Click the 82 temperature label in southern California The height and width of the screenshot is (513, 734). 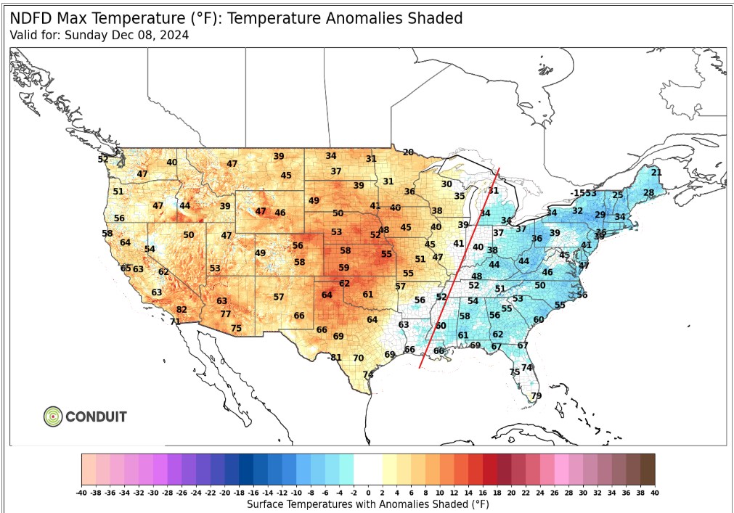click(182, 310)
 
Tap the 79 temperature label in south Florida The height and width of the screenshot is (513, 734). click(537, 396)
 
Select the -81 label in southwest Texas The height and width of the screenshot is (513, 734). click(334, 358)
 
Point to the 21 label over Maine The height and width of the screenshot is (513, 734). click(656, 173)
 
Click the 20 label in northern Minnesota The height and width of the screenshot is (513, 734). click(408, 152)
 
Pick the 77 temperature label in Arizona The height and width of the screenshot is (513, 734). click(226, 314)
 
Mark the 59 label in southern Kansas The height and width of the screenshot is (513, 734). click(344, 268)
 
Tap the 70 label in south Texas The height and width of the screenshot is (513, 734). click(358, 358)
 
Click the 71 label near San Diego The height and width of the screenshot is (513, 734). click(175, 321)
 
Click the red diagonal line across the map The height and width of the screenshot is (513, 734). click(460, 268)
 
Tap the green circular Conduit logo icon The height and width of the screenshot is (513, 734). click(53, 416)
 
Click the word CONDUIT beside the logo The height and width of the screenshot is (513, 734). click(96, 417)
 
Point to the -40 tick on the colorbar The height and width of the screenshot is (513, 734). click(82, 493)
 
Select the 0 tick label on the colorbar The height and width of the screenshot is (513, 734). click(368, 493)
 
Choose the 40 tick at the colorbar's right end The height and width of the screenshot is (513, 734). click(654, 493)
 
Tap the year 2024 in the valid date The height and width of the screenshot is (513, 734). click(174, 35)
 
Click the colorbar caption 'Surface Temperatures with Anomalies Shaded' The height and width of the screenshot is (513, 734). click(368, 504)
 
